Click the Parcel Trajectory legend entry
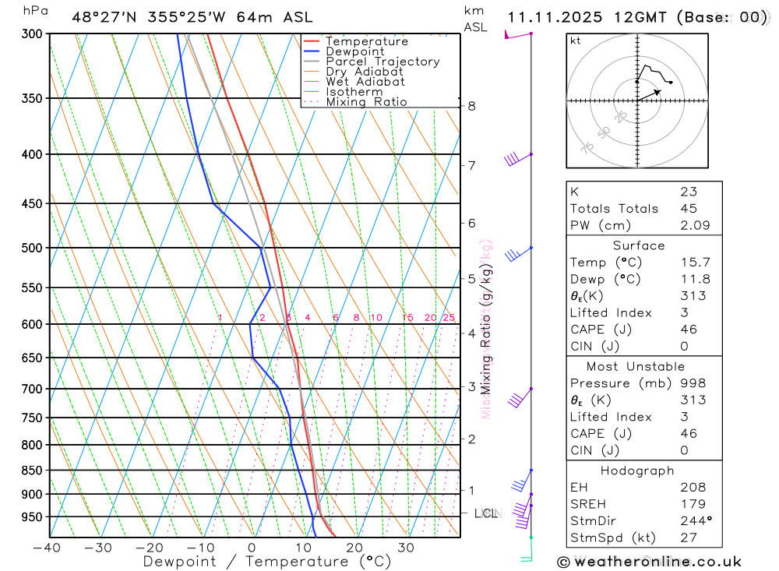pos(382,62)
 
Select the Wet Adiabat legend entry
pos(365,82)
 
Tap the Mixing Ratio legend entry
pos(366,102)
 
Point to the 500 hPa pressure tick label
pos(32,248)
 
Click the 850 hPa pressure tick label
pos(32,471)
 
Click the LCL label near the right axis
pos(486,513)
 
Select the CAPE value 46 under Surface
pos(689,330)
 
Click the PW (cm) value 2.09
pos(689,225)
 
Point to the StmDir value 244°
pos(693,521)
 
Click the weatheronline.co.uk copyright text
pos(650,561)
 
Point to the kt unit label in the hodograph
pos(575,41)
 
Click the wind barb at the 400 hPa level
pos(513,158)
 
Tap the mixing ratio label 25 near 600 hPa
pos(449,318)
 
